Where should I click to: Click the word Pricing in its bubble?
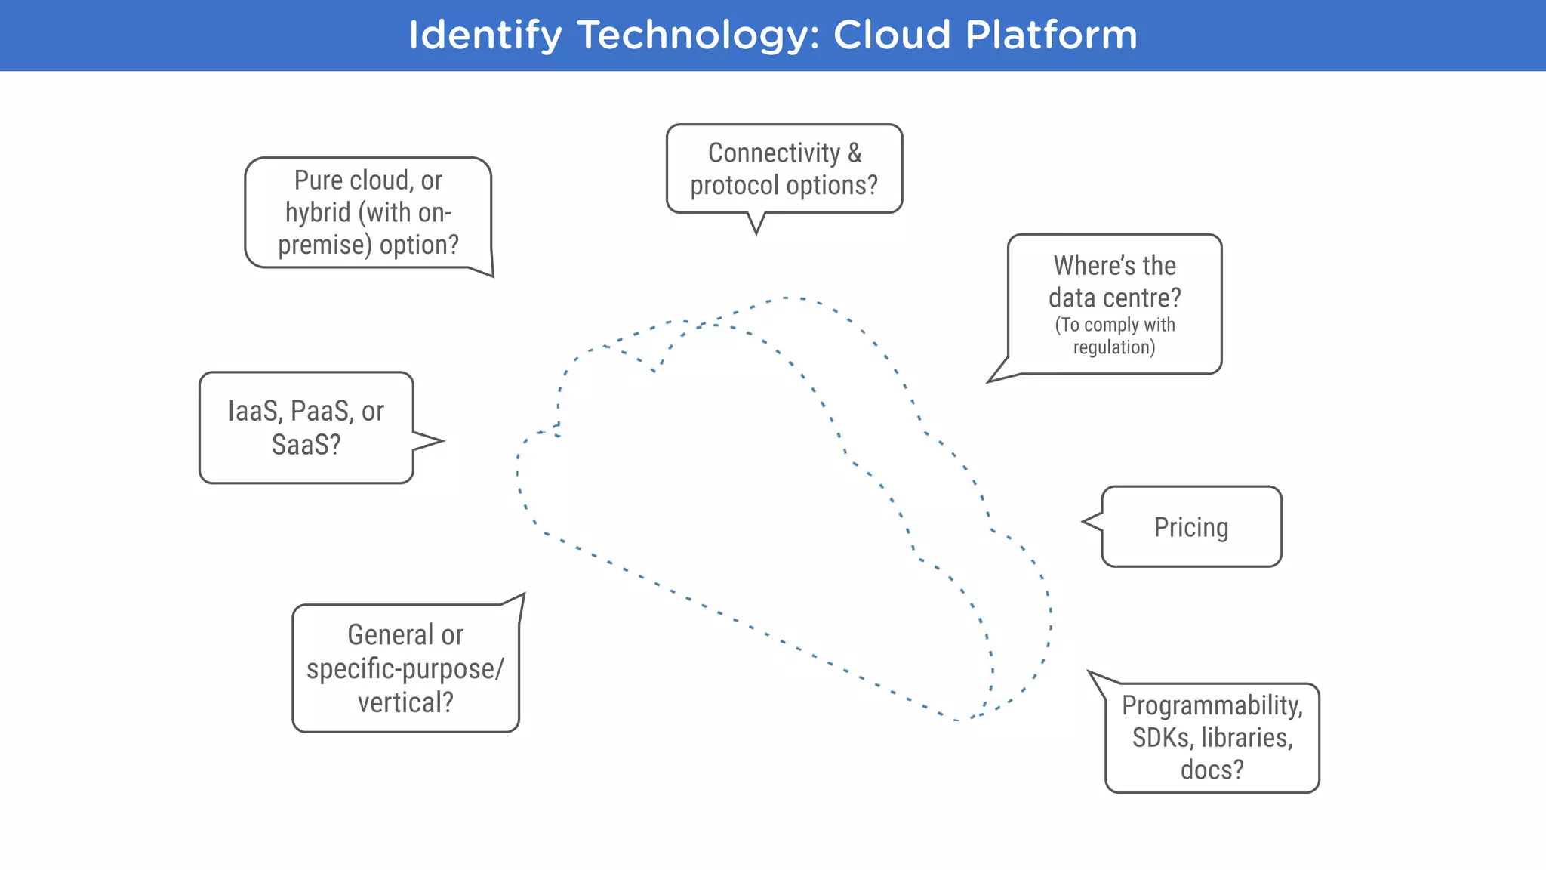pos(1190,527)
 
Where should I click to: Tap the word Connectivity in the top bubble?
pos(774,153)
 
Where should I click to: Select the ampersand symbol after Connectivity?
pos(855,153)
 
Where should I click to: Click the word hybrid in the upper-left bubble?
pos(318,212)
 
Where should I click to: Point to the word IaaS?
pos(255,411)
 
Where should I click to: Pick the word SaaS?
pos(306,445)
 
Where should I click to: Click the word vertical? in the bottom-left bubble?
pos(405,702)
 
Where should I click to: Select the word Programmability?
pos(1211,705)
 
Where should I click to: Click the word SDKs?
pos(1163,737)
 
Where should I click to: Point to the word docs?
pos(1212,770)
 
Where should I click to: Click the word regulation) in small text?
pos(1114,347)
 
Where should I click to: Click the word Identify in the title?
pos(485,35)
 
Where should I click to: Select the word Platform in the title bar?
pos(1051,35)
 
